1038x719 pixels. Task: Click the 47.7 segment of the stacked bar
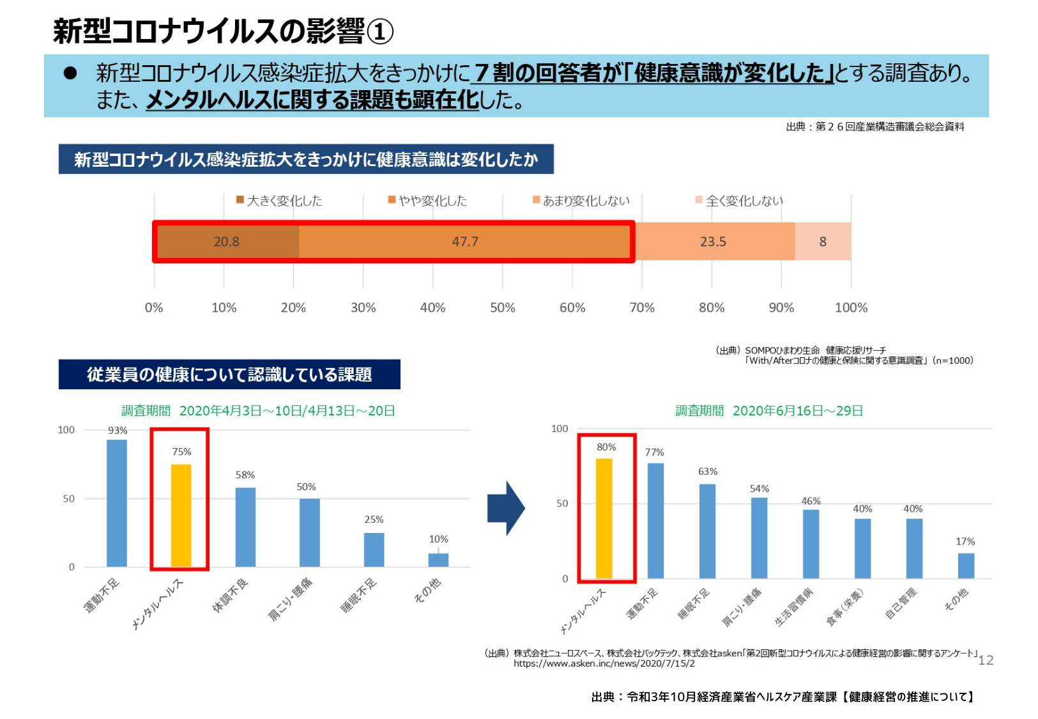click(464, 242)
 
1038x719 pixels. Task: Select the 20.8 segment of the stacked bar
click(227, 242)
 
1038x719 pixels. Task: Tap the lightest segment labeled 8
click(823, 242)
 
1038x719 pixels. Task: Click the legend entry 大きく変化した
click(279, 201)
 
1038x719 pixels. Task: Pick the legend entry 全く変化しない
click(739, 201)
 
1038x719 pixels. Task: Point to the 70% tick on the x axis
click(642, 307)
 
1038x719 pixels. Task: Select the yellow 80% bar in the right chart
click(604, 518)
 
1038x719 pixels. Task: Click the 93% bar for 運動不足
click(116, 503)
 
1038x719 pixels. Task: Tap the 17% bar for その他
click(966, 566)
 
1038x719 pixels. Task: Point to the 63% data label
click(707, 472)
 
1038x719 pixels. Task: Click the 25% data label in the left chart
click(374, 520)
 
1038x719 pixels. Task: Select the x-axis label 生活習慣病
click(794, 607)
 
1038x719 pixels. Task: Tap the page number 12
click(986, 660)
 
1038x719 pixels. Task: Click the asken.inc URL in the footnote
click(604, 663)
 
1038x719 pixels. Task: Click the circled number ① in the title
click(380, 31)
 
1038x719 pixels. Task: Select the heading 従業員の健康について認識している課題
click(229, 375)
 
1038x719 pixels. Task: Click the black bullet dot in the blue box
click(70, 73)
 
